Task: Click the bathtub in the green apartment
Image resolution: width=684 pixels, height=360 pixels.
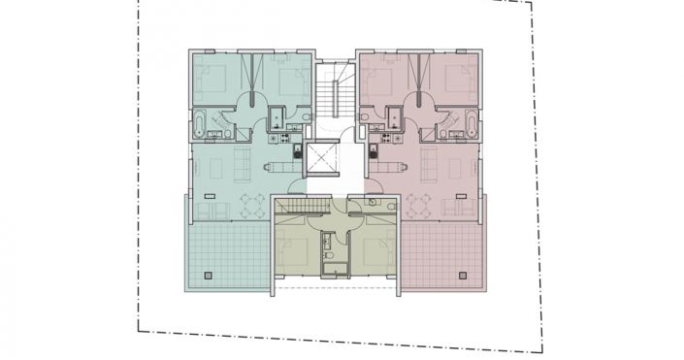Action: [199, 123]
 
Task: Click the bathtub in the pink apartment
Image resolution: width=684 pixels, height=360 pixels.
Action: [472, 123]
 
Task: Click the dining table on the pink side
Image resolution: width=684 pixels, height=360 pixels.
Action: [418, 205]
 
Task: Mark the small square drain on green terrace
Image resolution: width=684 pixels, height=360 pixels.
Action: [205, 276]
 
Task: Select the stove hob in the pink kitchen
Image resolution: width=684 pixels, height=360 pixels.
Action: [373, 152]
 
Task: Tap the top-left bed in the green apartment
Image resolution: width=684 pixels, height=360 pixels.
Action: [215, 78]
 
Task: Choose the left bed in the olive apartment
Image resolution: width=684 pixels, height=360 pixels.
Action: [295, 251]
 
